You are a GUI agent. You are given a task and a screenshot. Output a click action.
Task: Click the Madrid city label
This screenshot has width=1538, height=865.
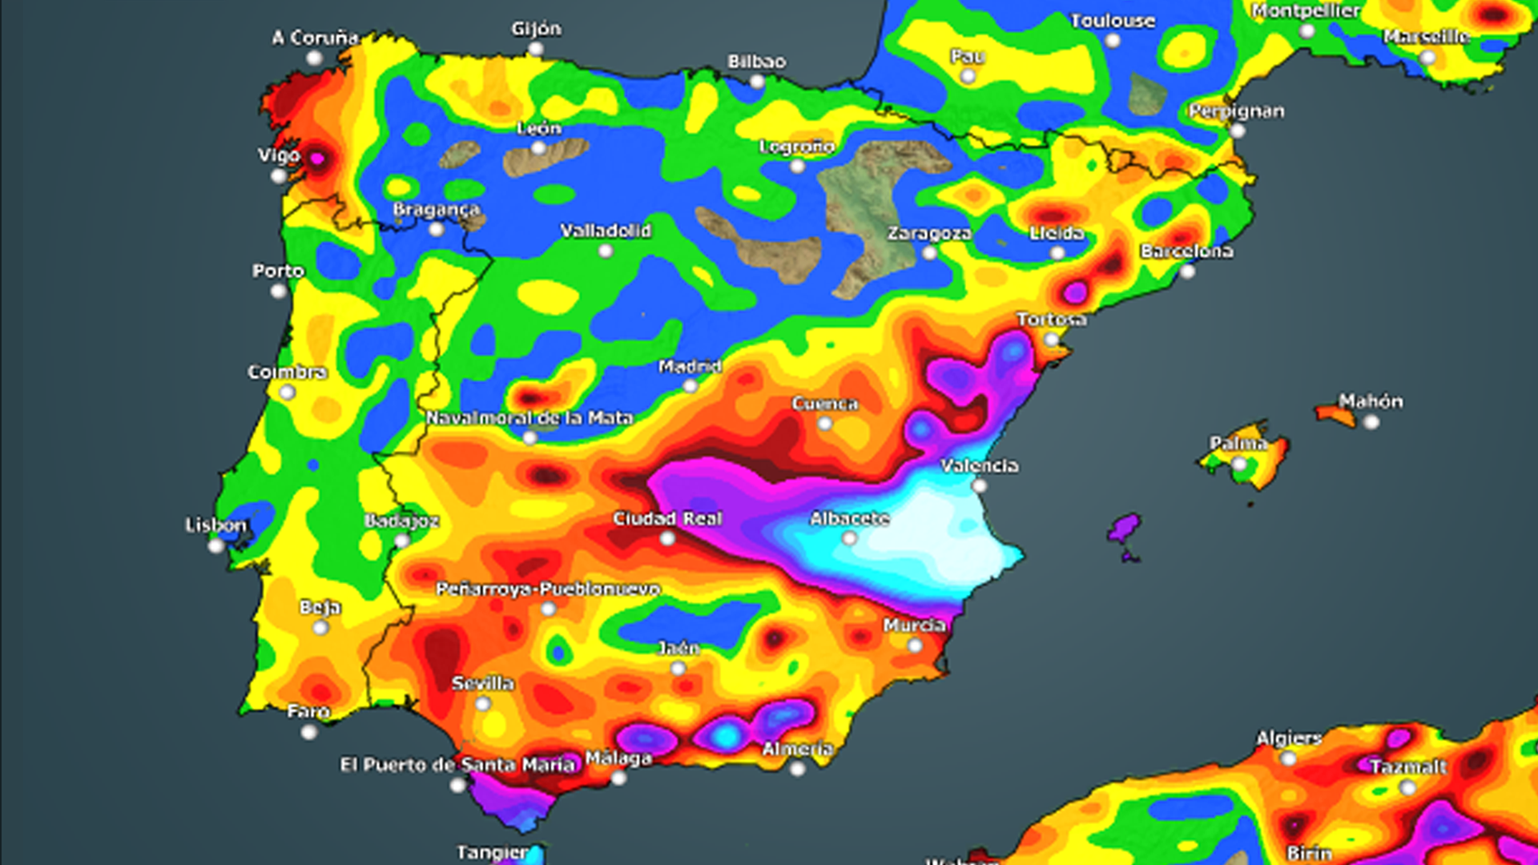click(690, 367)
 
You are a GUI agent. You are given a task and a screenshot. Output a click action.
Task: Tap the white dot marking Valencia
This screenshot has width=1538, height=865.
click(979, 485)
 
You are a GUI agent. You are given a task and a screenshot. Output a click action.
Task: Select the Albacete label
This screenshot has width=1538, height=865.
click(849, 519)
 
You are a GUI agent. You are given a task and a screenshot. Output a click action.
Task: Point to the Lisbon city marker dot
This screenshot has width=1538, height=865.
click(215, 546)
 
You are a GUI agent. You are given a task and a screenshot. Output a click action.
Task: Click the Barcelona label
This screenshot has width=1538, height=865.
click(1186, 251)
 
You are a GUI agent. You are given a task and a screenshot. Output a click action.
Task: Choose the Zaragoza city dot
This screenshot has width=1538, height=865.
click(929, 253)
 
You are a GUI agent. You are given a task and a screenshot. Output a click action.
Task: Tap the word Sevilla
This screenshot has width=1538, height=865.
click(482, 683)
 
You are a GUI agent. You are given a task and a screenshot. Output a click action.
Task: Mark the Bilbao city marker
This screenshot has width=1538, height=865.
click(757, 82)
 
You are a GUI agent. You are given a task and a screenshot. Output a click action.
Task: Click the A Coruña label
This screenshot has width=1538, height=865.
click(315, 38)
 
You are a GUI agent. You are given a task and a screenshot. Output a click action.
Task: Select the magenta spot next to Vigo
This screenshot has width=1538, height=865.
click(317, 158)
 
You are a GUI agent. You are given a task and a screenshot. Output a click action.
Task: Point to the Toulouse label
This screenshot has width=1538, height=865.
click(1113, 21)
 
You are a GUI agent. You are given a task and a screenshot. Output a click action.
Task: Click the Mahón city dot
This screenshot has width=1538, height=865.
click(1371, 422)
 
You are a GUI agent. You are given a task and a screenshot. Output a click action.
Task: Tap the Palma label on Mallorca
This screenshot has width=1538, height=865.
click(1238, 443)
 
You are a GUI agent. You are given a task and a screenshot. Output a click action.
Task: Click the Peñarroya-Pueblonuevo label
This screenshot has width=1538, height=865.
click(548, 589)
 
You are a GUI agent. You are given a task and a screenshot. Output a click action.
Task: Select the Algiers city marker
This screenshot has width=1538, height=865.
click(1288, 758)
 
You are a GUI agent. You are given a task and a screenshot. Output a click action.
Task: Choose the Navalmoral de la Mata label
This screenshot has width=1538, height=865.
click(529, 418)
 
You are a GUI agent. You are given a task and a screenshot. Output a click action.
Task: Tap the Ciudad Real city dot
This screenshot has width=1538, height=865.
click(667, 539)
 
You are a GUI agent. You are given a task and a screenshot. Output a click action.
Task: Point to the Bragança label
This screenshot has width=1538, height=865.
click(436, 210)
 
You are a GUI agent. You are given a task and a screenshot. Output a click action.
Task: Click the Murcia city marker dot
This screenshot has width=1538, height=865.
click(915, 646)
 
